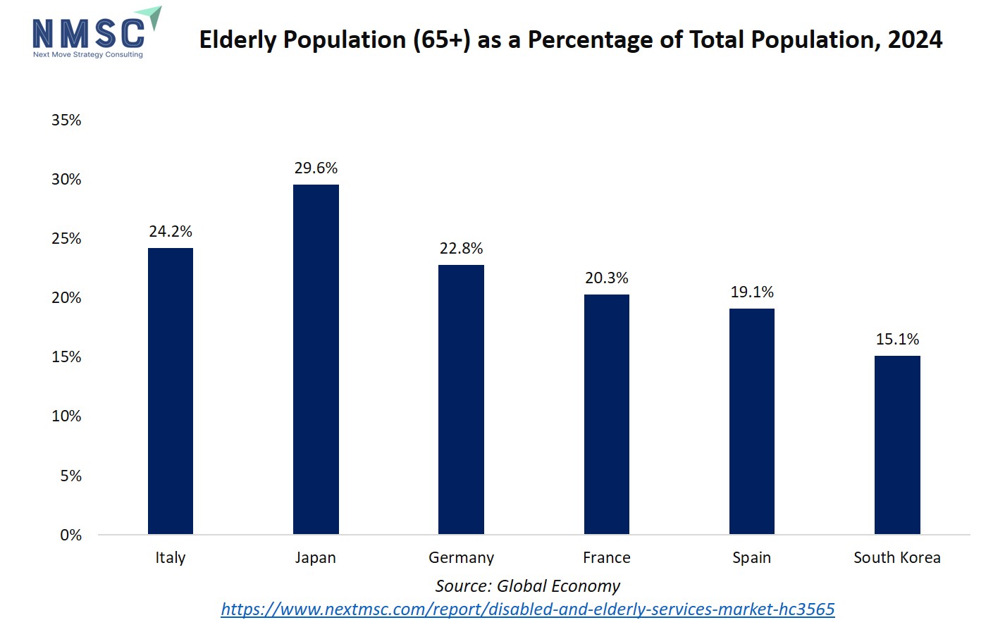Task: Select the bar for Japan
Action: click(x=316, y=359)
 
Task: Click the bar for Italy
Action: click(x=171, y=391)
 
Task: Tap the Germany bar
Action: click(x=461, y=399)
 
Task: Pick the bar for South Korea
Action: click(x=897, y=445)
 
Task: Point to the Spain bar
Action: click(x=751, y=421)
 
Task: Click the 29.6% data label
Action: click(x=316, y=168)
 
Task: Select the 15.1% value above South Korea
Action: click(x=897, y=340)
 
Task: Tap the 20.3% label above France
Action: click(x=606, y=278)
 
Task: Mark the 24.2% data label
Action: click(x=171, y=232)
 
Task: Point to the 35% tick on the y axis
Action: click(x=66, y=120)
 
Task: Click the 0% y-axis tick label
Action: click(x=70, y=535)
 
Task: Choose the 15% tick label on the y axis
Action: click(x=66, y=357)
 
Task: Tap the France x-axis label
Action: click(x=606, y=558)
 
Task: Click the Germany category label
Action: click(x=461, y=558)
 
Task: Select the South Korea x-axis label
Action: click(x=896, y=558)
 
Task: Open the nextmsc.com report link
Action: click(x=527, y=609)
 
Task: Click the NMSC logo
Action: click(x=96, y=34)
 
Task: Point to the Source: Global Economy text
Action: click(x=527, y=586)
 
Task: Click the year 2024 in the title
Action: click(x=915, y=40)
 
